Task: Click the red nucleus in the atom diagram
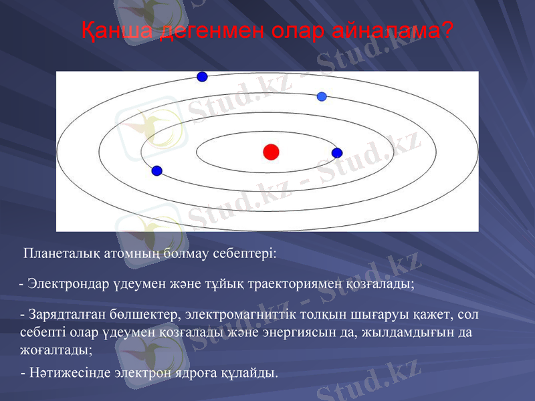click(271, 152)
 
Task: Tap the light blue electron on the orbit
click(322, 96)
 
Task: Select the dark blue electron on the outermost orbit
click(202, 77)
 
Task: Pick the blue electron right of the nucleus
click(337, 153)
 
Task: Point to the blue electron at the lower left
click(157, 171)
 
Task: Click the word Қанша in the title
click(116, 31)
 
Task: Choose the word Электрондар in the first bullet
click(67, 284)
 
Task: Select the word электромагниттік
click(235, 313)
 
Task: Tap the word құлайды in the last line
click(255, 372)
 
